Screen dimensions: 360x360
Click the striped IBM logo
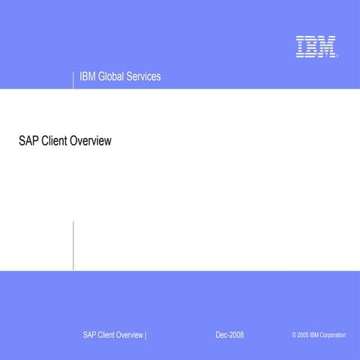click(315, 46)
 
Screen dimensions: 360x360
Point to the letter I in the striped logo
click(300, 46)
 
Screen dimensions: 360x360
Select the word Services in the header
click(145, 77)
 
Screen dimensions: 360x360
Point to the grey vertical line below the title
click(73, 245)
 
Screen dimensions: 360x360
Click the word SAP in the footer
click(90, 334)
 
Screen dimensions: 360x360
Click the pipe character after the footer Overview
click(145, 334)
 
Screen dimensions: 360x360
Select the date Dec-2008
click(229, 334)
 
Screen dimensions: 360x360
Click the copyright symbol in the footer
click(294, 334)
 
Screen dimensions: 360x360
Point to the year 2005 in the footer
click(302, 334)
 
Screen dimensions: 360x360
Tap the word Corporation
click(333, 334)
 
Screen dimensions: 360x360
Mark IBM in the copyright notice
click(314, 334)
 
